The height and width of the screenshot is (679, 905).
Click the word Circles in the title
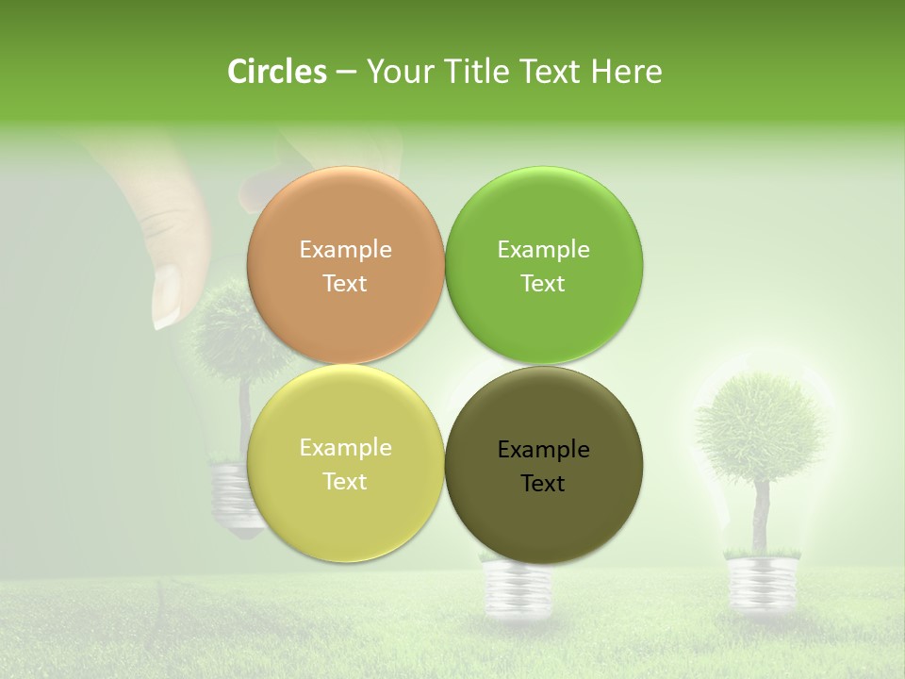click(x=277, y=72)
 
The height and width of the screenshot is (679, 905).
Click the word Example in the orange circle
click(x=345, y=250)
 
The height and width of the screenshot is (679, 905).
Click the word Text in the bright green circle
click(x=543, y=284)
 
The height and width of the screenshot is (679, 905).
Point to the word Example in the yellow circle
click(x=345, y=448)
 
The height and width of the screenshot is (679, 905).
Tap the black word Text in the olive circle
click(x=543, y=484)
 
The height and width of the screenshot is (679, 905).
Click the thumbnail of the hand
click(x=167, y=296)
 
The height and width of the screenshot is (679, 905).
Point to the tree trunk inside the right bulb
click(x=761, y=514)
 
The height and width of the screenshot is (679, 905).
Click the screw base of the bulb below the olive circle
click(x=517, y=589)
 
